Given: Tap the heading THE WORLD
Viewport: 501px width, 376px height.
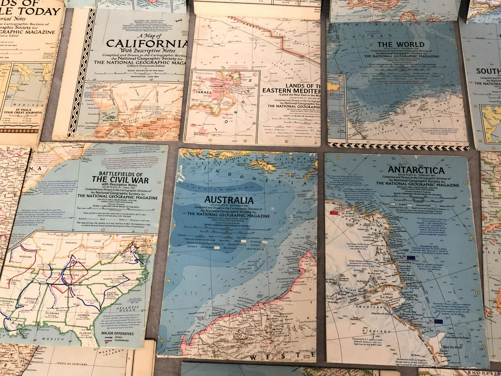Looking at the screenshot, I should point(401,44).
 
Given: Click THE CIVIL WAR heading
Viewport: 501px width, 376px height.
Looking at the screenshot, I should point(120,180).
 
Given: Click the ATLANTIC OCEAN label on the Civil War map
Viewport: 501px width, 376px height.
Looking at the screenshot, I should point(141,309).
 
